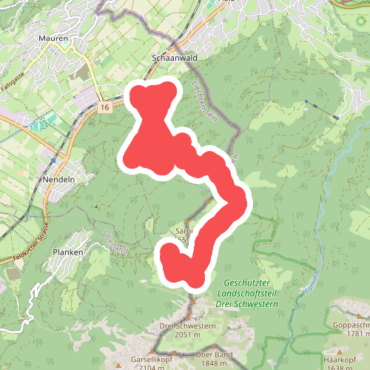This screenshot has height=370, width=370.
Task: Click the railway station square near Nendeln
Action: tap(53, 158)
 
